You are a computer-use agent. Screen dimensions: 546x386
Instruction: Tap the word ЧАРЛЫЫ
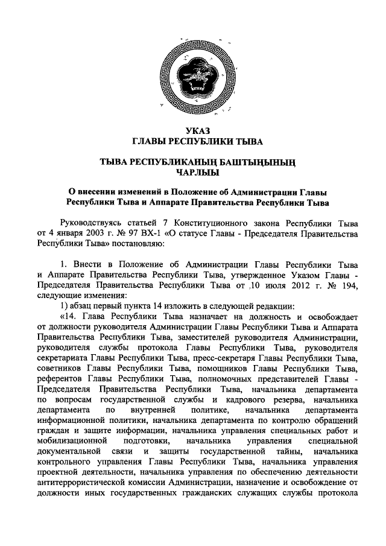[x=193, y=173]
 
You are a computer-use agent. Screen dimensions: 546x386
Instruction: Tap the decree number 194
[x=347, y=285]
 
